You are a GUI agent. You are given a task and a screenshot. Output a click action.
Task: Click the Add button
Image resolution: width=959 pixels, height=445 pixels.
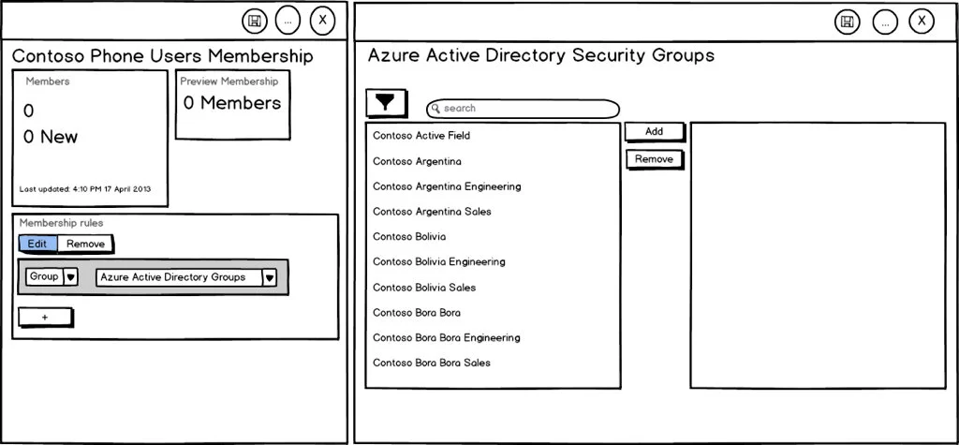point(654,132)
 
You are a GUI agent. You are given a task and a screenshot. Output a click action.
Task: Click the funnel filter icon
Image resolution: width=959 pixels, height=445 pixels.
point(385,102)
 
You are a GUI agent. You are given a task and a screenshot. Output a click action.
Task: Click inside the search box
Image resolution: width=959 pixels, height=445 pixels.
point(523,109)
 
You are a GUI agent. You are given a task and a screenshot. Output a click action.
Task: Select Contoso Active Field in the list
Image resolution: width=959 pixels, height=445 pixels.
point(421,136)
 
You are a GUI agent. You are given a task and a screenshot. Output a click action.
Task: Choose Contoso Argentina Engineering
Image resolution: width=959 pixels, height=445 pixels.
point(447,186)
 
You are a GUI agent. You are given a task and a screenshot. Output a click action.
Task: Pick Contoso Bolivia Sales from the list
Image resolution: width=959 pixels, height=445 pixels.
point(424,288)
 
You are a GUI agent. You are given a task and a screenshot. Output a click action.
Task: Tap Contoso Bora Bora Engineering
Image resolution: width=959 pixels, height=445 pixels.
point(446,337)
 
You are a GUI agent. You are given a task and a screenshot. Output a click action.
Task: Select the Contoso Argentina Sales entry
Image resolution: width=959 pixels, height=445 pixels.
point(432,212)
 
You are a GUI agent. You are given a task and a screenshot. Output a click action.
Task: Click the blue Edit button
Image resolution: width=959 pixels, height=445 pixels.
point(37,244)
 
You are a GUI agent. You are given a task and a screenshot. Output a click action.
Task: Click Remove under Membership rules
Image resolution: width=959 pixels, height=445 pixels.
point(85,244)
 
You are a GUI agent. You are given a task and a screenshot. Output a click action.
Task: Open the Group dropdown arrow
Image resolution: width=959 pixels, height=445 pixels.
point(70,277)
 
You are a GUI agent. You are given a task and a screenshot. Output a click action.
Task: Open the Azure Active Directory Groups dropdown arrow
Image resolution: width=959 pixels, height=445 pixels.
point(269,277)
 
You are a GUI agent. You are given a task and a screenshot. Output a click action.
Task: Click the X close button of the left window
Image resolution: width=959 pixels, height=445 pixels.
point(322,20)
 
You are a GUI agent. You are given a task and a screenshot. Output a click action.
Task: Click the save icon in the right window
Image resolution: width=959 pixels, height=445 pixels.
point(847,22)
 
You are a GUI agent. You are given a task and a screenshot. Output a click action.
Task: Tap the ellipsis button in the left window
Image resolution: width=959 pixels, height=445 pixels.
point(288,20)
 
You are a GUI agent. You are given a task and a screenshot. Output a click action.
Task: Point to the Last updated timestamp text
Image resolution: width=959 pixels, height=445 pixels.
point(84,189)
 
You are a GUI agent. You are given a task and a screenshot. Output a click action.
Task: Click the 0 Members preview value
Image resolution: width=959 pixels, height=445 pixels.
point(232,103)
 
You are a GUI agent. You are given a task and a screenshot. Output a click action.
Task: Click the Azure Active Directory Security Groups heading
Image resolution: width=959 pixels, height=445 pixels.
point(540,55)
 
